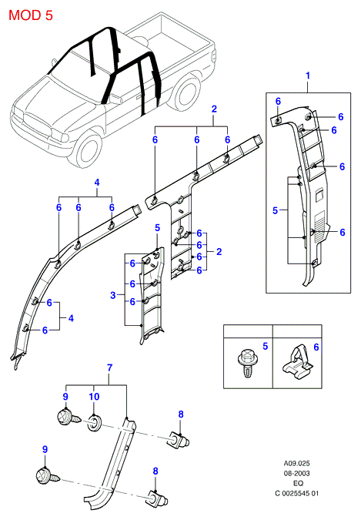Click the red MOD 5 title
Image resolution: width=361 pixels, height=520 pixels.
coord(31,15)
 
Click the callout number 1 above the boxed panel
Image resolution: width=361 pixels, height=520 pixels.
coord(308,75)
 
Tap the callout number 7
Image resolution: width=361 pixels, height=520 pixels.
coord(110,367)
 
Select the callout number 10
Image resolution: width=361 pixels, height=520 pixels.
coord(94,397)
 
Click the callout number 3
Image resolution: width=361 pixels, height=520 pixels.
coord(113,295)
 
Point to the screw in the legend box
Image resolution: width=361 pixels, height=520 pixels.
coord(246,363)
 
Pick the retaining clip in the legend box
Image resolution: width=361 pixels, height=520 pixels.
coord(297,361)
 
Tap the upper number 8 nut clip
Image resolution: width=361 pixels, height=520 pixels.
coord(179,440)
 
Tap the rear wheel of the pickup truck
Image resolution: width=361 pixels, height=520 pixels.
coord(186,93)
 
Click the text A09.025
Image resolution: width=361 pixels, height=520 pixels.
coord(296,463)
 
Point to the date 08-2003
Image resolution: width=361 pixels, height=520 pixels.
coord(296,473)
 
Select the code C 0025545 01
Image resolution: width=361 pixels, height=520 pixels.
coord(296,493)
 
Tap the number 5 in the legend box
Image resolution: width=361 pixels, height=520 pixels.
coord(266,346)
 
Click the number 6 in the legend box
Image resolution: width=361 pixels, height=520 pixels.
coord(316,347)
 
